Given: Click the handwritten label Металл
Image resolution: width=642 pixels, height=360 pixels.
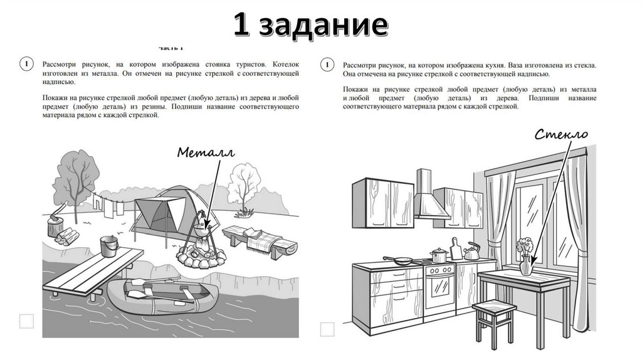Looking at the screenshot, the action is (x=206, y=153).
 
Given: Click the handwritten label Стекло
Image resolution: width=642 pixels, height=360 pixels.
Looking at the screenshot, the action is (x=561, y=134).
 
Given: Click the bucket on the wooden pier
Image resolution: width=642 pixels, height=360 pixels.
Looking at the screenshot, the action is (x=109, y=246).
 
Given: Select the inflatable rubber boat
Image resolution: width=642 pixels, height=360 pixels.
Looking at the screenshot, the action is (x=162, y=297).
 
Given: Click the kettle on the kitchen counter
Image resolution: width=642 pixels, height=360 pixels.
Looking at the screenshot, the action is (x=471, y=251).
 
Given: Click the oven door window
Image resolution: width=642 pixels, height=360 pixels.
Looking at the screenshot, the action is (x=439, y=290).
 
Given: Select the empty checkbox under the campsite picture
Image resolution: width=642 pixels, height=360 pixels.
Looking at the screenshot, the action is (x=26, y=322).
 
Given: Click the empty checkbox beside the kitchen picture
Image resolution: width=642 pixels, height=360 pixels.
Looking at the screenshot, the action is (x=327, y=329).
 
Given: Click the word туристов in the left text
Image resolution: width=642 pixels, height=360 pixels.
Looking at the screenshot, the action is (x=251, y=65).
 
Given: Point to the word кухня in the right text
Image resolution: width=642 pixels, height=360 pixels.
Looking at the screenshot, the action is (x=495, y=65).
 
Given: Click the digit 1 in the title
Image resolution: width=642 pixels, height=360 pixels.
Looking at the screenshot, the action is (x=241, y=24).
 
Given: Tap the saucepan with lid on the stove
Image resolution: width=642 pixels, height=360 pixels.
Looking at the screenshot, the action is (x=438, y=255).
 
